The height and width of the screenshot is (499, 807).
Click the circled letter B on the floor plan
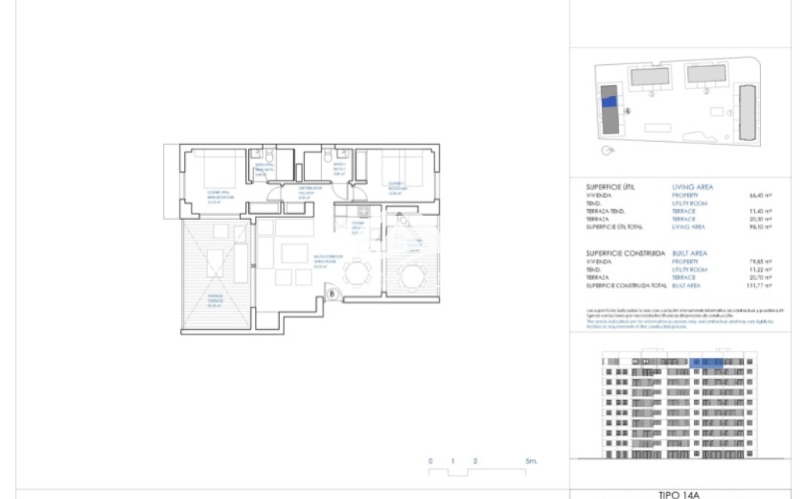point(333,294)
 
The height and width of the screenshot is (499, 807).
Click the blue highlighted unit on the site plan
point(609,100)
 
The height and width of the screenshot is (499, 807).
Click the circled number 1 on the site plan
point(729,112)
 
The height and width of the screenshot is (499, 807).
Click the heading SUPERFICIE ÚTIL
point(615,186)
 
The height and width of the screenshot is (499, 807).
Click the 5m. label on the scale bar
point(531,460)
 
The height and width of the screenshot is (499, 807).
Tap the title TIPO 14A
point(679,494)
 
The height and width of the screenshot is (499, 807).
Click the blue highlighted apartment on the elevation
point(708,363)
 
